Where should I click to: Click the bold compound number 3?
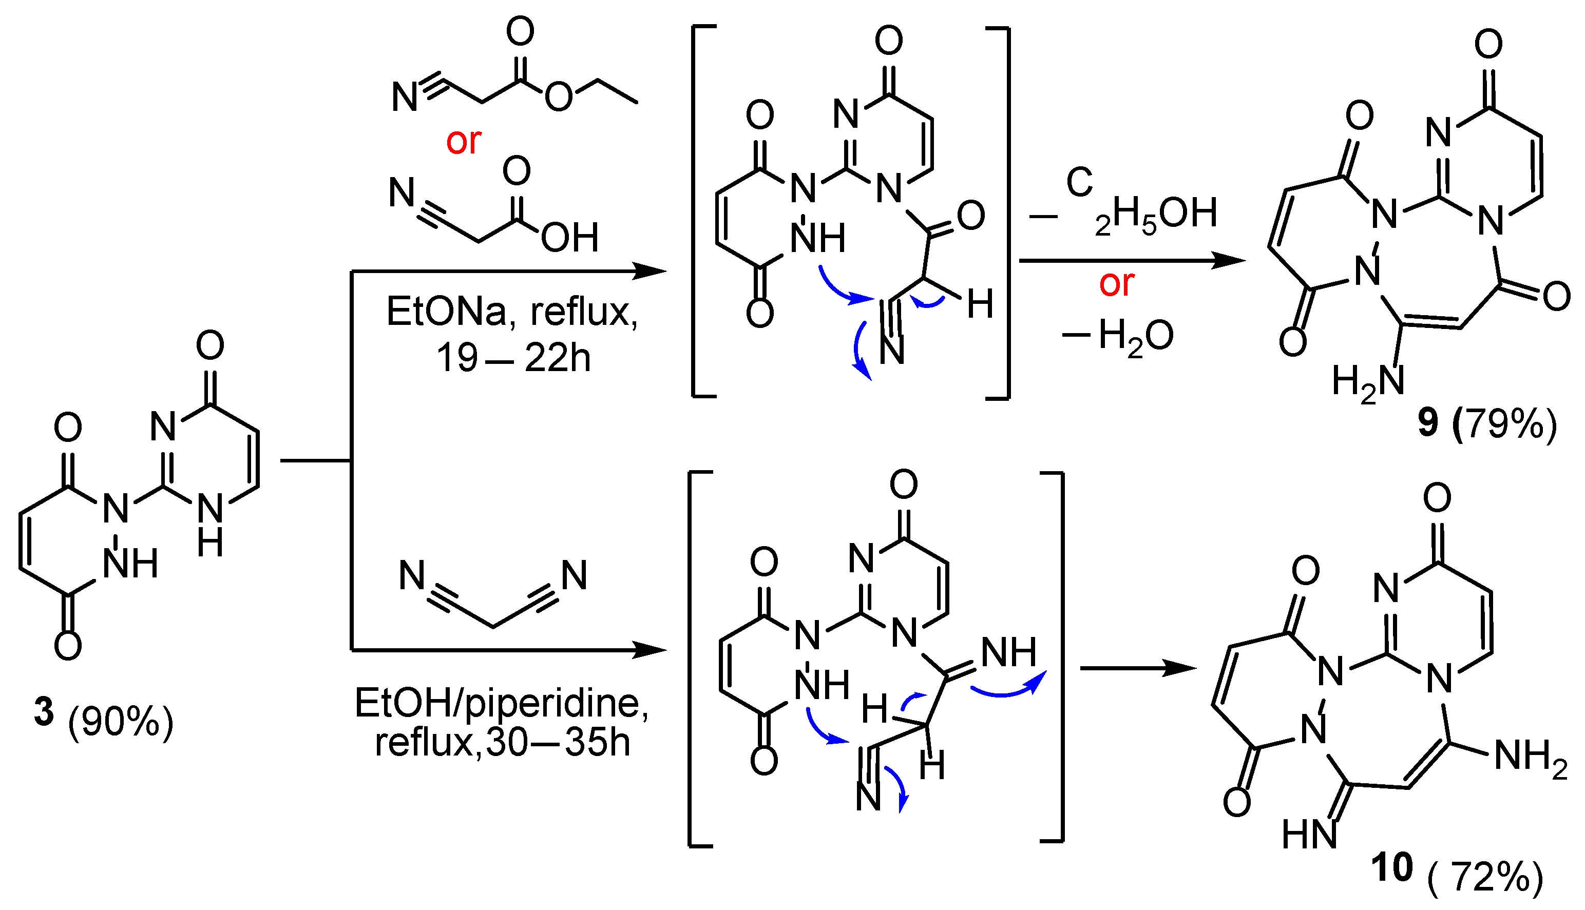(x=44, y=712)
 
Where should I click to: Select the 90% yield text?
(x=121, y=723)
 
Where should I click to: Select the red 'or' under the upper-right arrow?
(x=1117, y=284)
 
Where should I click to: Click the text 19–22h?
(x=513, y=358)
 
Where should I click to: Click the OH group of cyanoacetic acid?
(x=569, y=238)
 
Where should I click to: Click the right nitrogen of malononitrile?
(x=574, y=575)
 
